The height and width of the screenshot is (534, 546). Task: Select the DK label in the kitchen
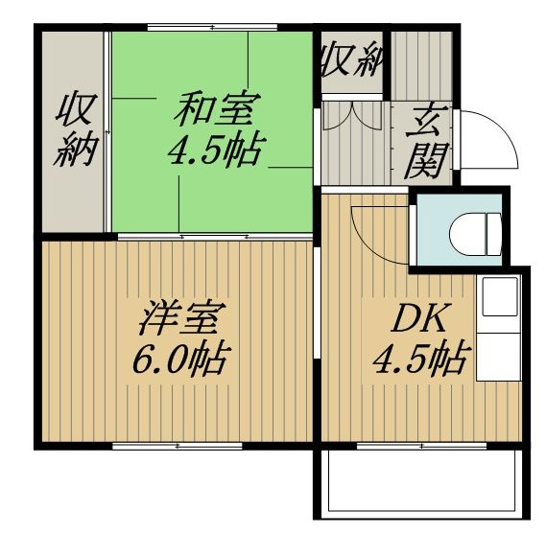[x=417, y=318]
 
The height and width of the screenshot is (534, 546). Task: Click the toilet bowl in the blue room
[x=467, y=234]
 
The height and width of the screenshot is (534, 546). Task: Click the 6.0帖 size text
[x=181, y=360]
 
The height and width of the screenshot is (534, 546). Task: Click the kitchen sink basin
[x=499, y=296]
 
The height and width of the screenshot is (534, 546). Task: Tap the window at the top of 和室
[x=212, y=27]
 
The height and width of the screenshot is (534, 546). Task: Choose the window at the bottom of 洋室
[x=178, y=446]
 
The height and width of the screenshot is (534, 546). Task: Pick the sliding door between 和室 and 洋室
[x=215, y=237]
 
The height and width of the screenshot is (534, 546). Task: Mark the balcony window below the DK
[x=422, y=446]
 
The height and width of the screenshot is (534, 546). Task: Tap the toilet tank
[x=494, y=234]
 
